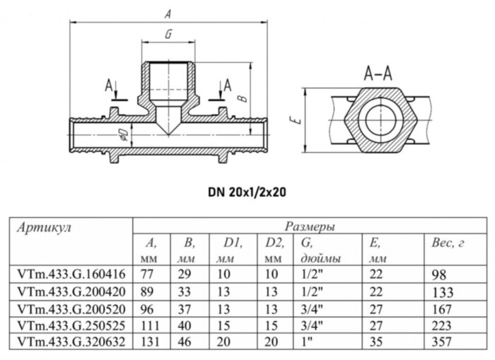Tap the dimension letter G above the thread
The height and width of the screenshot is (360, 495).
[167, 34]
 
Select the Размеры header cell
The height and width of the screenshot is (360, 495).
[310, 228]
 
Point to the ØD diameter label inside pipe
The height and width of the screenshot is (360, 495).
[122, 134]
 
